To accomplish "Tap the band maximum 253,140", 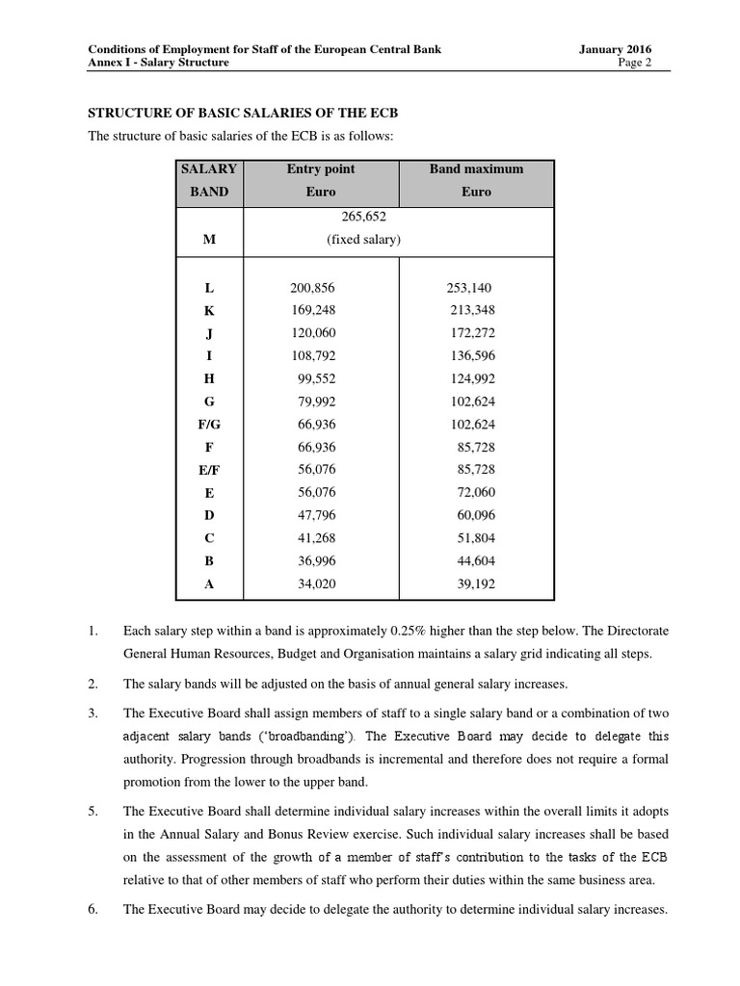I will click(468, 288).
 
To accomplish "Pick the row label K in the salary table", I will click(209, 310).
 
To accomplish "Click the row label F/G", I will click(209, 424).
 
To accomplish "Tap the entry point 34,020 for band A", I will click(317, 584).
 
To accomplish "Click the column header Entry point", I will click(321, 169).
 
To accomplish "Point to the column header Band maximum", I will click(476, 169).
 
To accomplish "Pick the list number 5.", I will click(92, 810).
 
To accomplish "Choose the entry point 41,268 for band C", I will click(317, 538).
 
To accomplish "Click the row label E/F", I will click(209, 470).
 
